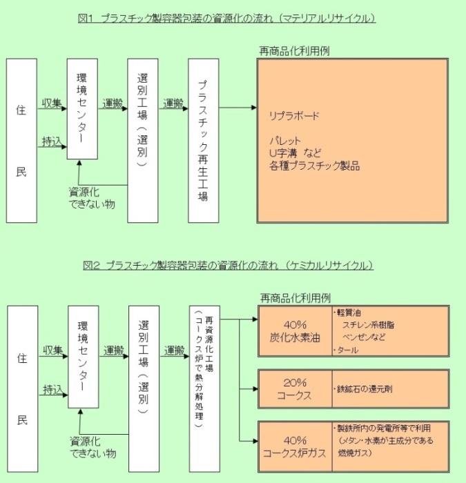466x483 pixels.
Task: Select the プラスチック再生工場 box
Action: click(203, 140)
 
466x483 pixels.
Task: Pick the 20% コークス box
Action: click(295, 389)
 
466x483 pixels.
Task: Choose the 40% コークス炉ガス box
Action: click(295, 446)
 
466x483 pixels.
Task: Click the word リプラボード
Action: click(294, 116)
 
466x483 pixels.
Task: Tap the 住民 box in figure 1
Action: click(21, 140)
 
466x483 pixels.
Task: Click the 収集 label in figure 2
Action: click(52, 351)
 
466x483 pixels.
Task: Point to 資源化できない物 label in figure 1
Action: click(92, 197)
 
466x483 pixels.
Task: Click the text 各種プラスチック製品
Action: click(315, 166)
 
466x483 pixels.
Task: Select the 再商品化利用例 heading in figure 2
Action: click(295, 297)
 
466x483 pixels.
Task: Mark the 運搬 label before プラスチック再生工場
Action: click(173, 103)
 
